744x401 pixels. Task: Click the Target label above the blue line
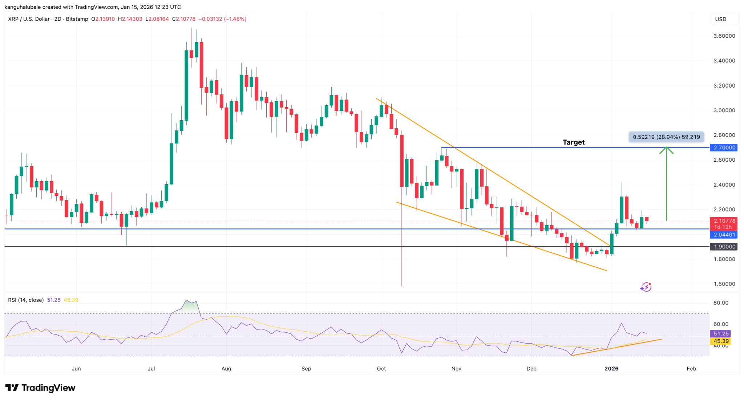(x=573, y=142)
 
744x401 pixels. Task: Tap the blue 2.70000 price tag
(x=724, y=147)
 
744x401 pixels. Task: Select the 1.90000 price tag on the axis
(x=724, y=247)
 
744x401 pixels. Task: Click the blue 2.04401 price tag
(x=724, y=235)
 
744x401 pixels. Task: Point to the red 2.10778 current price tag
(x=724, y=221)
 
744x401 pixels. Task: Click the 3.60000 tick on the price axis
(x=724, y=36)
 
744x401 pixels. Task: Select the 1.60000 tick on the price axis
(x=724, y=284)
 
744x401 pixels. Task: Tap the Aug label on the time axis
(x=226, y=369)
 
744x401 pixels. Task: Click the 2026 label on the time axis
(x=611, y=369)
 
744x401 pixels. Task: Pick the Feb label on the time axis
(x=691, y=369)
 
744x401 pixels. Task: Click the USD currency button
(x=721, y=19)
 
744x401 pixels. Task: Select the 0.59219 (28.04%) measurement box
(x=666, y=137)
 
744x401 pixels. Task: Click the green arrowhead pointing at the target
(x=666, y=149)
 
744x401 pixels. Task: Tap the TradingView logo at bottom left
(x=40, y=388)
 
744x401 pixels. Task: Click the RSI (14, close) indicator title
(x=26, y=300)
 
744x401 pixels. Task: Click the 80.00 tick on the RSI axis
(x=721, y=303)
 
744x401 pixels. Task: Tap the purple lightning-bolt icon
(x=646, y=287)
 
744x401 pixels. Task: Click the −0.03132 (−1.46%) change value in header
(x=222, y=19)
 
